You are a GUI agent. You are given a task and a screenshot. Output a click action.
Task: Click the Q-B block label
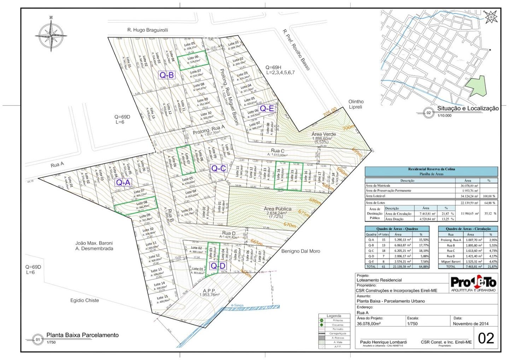[x=166, y=75]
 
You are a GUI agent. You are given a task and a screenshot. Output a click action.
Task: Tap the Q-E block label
[x=267, y=108]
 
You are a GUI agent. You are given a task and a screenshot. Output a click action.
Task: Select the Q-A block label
[x=123, y=182]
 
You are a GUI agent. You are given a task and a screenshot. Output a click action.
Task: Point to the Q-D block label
[x=218, y=266]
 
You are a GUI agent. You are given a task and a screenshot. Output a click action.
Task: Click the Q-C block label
[x=218, y=168]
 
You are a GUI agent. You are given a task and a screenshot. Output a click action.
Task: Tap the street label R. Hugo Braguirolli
[x=148, y=30]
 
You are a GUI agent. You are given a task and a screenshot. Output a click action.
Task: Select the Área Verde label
[x=324, y=134]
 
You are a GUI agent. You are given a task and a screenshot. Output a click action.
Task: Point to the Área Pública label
[x=278, y=209]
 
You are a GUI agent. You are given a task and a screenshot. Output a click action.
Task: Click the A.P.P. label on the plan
[x=209, y=291]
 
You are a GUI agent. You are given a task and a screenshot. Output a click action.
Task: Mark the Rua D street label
[x=229, y=233]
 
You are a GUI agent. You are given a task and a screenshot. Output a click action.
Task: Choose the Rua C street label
[x=277, y=151]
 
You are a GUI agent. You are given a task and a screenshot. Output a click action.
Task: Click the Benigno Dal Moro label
[x=301, y=251]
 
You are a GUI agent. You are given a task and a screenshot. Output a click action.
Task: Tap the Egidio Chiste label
[x=84, y=300]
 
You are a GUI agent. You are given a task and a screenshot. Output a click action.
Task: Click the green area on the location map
[x=476, y=87]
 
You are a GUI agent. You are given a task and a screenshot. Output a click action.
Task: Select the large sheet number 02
[x=486, y=338]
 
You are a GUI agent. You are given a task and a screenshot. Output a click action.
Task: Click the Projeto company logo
[x=473, y=284]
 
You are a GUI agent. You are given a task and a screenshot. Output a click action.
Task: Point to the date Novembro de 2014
[x=470, y=324]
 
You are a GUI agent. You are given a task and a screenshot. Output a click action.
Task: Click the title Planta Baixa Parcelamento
[x=83, y=335]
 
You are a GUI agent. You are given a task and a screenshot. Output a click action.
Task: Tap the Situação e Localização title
[x=468, y=109]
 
